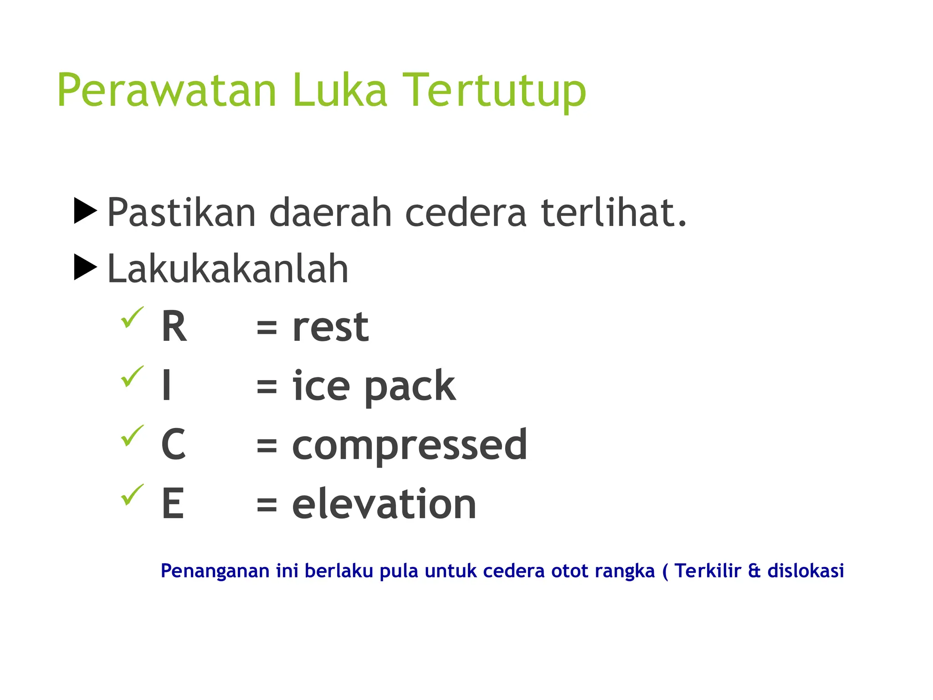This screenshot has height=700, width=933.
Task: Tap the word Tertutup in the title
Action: point(494,91)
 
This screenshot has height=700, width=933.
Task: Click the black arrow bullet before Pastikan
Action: point(85,211)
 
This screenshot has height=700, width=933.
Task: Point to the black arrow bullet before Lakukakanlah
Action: point(85,267)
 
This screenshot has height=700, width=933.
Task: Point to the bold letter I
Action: point(167,386)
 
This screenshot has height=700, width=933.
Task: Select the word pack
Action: point(410,387)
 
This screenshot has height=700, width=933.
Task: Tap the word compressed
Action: point(409,446)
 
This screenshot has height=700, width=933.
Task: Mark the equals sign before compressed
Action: point(267,445)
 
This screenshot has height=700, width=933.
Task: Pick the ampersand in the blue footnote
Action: point(754,571)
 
